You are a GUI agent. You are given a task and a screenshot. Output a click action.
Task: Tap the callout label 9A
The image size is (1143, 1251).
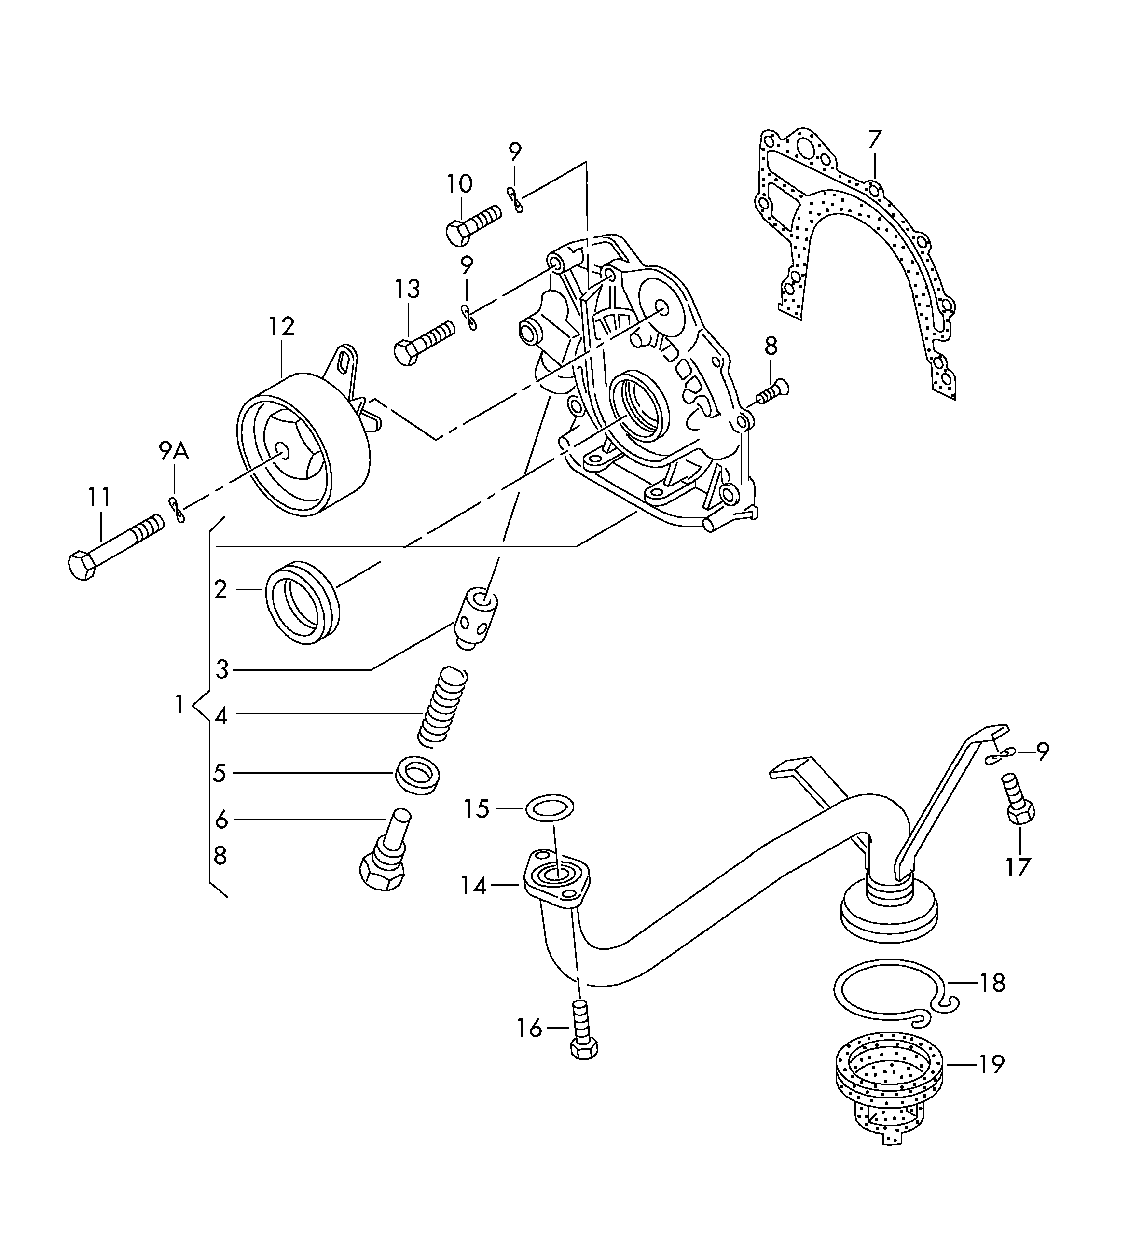174,452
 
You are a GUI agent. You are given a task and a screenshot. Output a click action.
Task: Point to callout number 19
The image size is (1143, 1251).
991,1065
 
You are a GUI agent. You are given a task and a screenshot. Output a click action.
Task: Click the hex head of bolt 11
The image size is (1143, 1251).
81,565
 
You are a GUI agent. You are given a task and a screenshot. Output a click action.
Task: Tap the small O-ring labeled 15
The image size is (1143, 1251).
550,807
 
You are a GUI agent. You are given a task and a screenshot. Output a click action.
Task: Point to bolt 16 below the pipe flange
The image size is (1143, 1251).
582,1036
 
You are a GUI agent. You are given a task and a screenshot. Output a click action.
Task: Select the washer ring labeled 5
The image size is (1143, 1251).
418,776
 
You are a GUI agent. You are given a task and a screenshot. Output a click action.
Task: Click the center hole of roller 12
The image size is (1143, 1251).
282,451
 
